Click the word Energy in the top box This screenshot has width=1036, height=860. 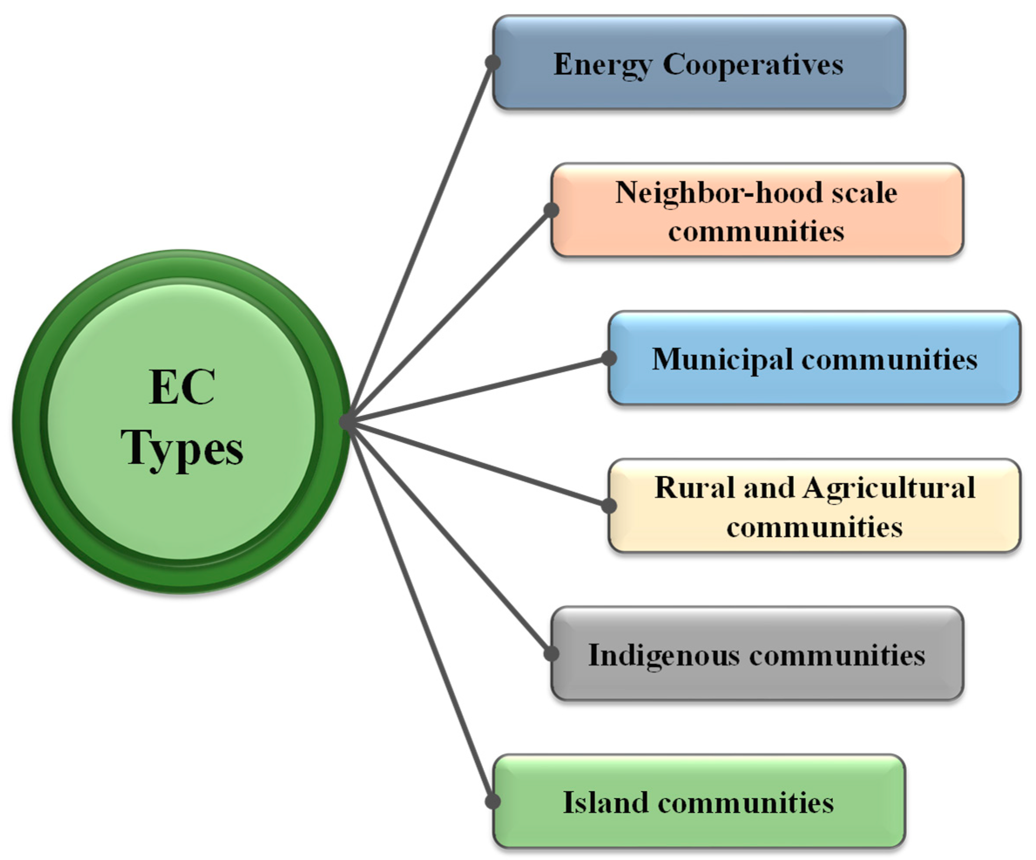pos(602,65)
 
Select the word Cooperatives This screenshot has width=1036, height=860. pos(753,65)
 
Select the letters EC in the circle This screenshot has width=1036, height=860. pos(182,387)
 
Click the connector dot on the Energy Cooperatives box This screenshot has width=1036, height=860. pos(493,63)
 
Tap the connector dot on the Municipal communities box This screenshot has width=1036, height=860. pos(609,358)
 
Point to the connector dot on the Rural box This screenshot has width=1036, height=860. pos(609,506)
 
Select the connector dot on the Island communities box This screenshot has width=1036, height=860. pos(493,801)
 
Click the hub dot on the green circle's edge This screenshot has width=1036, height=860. pos(347,422)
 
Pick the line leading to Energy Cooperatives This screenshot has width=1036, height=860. pos(420,242)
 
